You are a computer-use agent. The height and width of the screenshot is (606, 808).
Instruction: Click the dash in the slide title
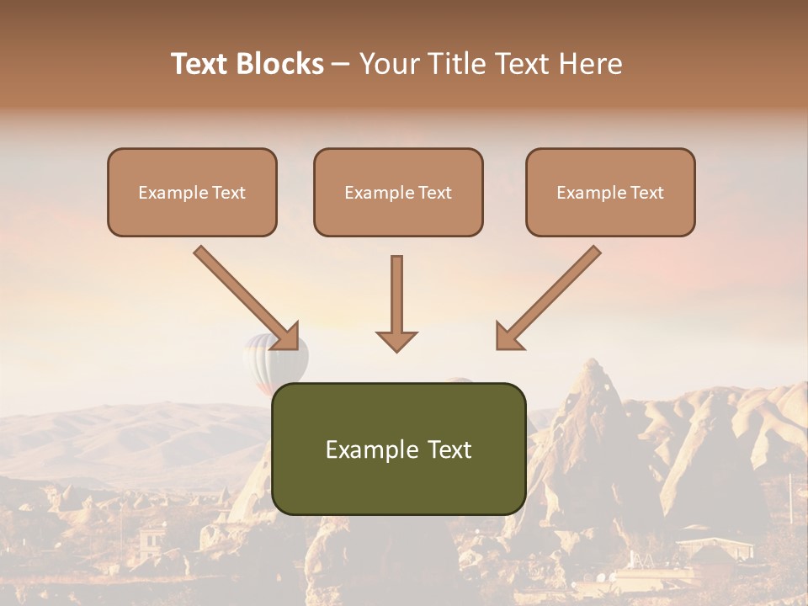pos(340,65)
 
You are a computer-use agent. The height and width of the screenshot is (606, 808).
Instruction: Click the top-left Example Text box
pos(192,193)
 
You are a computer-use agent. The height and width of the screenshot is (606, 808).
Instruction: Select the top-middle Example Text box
pos(398,193)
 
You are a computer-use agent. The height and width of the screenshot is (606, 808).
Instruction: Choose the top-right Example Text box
pos(610,193)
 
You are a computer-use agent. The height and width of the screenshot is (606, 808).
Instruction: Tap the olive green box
pos(398,449)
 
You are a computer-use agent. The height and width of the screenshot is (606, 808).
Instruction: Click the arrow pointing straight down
pos(396,303)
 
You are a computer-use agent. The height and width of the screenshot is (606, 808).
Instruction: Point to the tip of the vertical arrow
pos(396,349)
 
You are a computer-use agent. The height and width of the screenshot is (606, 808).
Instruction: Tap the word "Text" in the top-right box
pos(647,193)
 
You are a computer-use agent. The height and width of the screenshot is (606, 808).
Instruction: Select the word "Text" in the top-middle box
pos(435,193)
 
